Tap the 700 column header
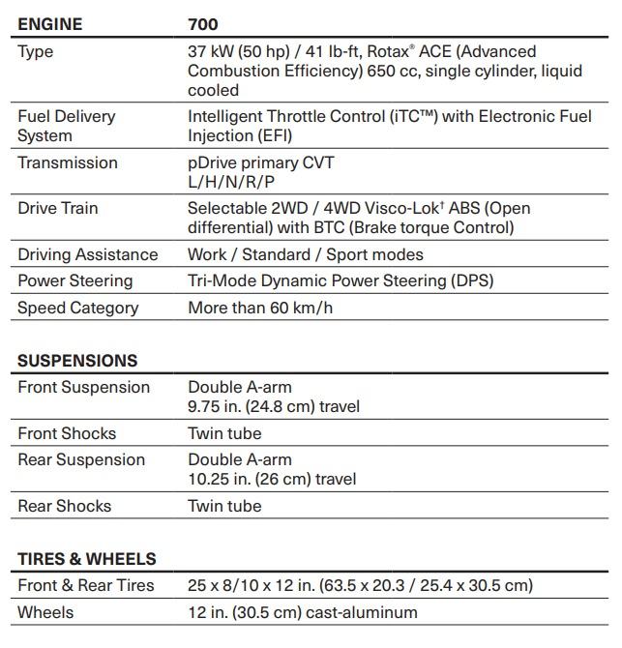(x=203, y=24)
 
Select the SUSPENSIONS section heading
(x=77, y=361)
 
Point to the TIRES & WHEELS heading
(x=86, y=559)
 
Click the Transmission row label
(x=68, y=162)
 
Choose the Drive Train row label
(x=58, y=208)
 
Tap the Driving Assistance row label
(x=87, y=254)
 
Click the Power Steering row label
(x=75, y=280)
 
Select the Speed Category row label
(x=78, y=308)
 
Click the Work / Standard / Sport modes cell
(x=306, y=254)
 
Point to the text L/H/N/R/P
(x=231, y=182)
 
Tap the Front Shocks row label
(x=67, y=433)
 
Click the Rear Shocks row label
(x=65, y=506)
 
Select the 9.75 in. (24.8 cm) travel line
(x=274, y=406)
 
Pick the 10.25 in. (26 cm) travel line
(x=272, y=479)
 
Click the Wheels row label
(x=45, y=612)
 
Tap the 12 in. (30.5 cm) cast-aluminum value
(x=303, y=612)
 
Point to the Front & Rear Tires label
(x=86, y=585)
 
